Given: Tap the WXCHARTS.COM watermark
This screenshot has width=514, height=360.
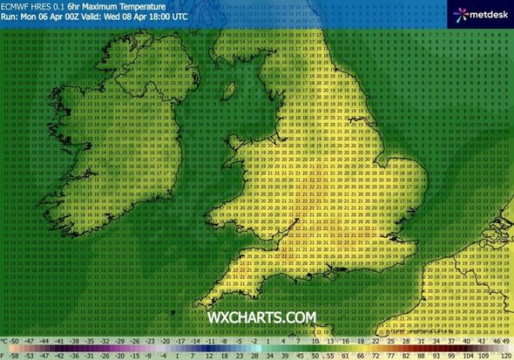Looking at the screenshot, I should click(261, 319).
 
